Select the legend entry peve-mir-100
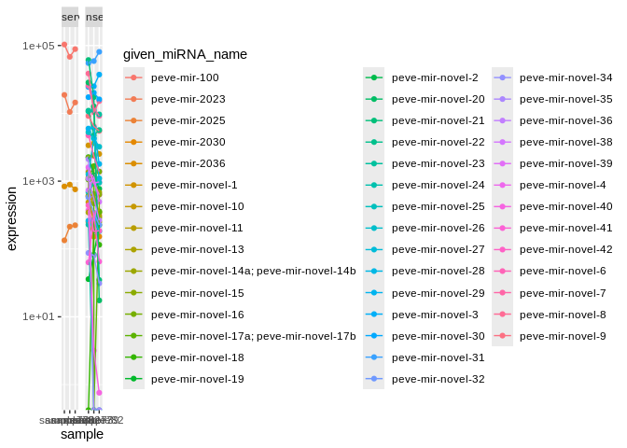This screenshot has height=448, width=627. click(x=185, y=77)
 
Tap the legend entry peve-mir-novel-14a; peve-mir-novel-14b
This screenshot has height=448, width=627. click(x=253, y=271)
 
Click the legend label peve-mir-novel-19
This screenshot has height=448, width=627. click(x=197, y=379)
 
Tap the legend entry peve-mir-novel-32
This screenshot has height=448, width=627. click(x=439, y=379)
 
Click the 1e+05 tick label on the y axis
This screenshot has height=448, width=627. click(x=38, y=46)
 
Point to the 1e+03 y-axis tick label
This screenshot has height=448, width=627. click(x=38, y=181)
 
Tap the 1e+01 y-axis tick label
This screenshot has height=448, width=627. click(x=38, y=316)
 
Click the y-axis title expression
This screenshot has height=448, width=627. click(x=12, y=218)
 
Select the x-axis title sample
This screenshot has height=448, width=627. click(x=82, y=434)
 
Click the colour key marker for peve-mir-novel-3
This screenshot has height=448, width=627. click(x=375, y=315)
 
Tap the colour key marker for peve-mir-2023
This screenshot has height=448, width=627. click(x=134, y=99)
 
